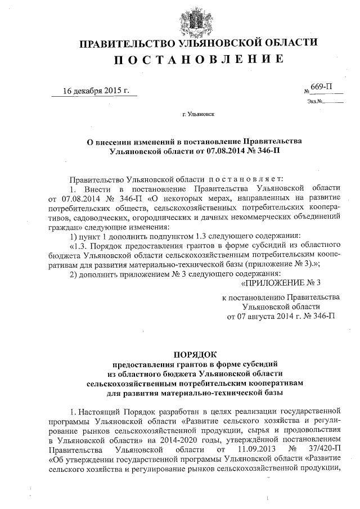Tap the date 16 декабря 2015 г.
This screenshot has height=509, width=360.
point(96,91)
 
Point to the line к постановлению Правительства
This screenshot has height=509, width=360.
point(281,296)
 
